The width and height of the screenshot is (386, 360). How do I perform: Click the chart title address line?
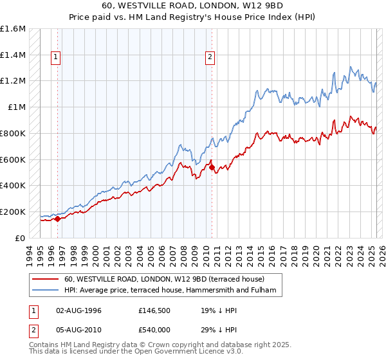pos(193,5)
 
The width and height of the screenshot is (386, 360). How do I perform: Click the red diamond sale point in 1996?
pos(57,219)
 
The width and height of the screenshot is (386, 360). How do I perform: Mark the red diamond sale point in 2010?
pos(212,167)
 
